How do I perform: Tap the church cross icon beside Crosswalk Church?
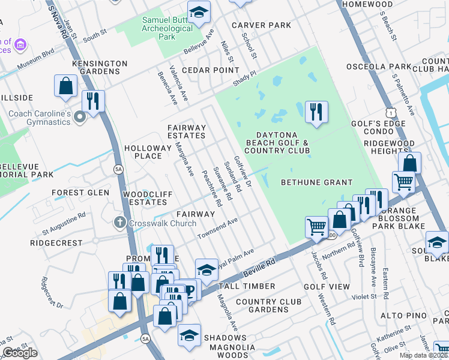119,223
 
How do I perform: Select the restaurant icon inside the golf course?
315,112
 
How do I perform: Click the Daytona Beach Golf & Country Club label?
277,142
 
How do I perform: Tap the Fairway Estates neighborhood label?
186,131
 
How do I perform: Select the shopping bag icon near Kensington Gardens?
65,86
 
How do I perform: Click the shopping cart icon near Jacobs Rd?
316,227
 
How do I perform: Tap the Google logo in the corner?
20,353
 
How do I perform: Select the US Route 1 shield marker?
391,113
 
